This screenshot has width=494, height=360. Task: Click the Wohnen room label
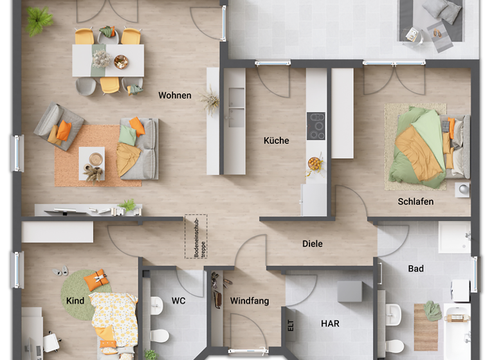[175, 96]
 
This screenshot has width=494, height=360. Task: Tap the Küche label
[276, 141]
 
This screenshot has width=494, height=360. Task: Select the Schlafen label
[415, 202]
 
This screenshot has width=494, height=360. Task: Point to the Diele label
[312, 244]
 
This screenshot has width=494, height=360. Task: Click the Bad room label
[416, 269]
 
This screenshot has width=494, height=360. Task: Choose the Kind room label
[75, 301]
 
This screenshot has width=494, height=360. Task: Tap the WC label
[178, 301]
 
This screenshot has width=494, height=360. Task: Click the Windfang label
[250, 301]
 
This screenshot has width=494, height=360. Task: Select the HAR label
[330, 324]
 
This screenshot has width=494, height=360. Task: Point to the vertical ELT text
[291, 325]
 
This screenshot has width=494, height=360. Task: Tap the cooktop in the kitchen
[316, 126]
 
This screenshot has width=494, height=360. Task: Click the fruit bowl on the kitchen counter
[315, 163]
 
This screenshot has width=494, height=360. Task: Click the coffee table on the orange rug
[92, 163]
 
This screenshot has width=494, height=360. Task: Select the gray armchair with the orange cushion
[59, 127]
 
